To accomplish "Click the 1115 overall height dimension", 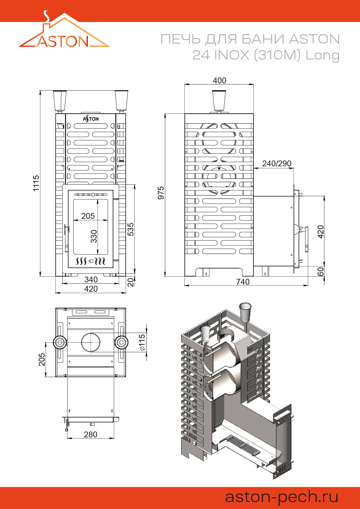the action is click(36, 183).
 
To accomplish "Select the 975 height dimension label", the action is click(161, 193).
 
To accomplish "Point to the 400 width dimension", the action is click(219, 80).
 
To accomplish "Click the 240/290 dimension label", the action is click(277, 163).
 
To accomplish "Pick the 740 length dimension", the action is click(243, 282).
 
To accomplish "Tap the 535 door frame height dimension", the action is click(131, 229).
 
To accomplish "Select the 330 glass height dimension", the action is click(94, 236).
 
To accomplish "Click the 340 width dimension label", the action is click(91, 279).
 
